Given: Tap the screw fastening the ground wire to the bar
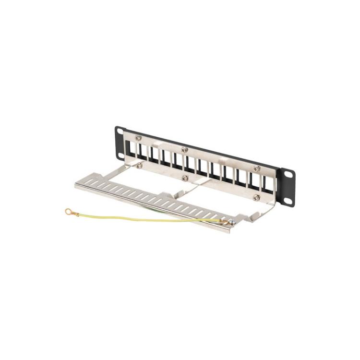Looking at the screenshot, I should tap(231, 221).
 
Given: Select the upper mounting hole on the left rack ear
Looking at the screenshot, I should tap(119, 131).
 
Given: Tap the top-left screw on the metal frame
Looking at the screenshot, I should tap(138, 138).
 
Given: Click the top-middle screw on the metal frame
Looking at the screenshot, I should tap(185, 150).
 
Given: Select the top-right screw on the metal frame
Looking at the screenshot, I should tap(257, 168).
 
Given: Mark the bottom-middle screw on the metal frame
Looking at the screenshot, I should tap(185, 178).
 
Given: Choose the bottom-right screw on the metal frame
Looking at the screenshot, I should tap(257, 197).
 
